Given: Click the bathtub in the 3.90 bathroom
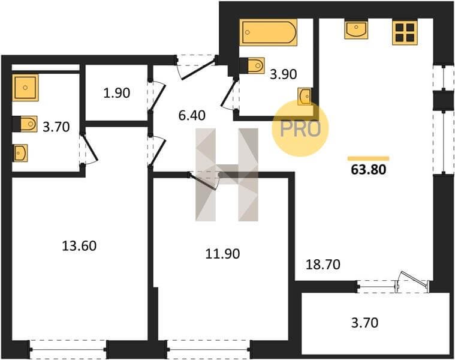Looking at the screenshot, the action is point(269,32).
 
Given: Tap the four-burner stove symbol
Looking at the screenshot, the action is point(405,32).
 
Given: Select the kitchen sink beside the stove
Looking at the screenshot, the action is point(356,29).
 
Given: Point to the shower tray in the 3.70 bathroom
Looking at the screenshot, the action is point(25,88).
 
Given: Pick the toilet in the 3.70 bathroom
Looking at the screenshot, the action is point(25,124).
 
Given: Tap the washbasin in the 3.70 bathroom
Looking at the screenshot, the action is point(20,153).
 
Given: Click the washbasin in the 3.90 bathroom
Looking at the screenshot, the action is point(305,96).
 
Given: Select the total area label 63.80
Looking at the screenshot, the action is point(368,170).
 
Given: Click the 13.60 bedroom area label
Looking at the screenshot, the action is point(79,246).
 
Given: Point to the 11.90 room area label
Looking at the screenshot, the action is point(222,254).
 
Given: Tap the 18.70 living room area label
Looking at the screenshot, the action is point(323,265).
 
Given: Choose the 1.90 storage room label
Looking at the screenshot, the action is point(117,93).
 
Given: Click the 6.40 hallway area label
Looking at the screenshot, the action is point(192,116).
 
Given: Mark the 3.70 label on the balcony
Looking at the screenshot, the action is point(364,323).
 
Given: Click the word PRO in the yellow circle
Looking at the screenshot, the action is point(300,128).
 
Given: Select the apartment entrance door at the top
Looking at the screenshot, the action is point(196,66).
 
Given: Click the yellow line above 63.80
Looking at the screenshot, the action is point(369,158).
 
